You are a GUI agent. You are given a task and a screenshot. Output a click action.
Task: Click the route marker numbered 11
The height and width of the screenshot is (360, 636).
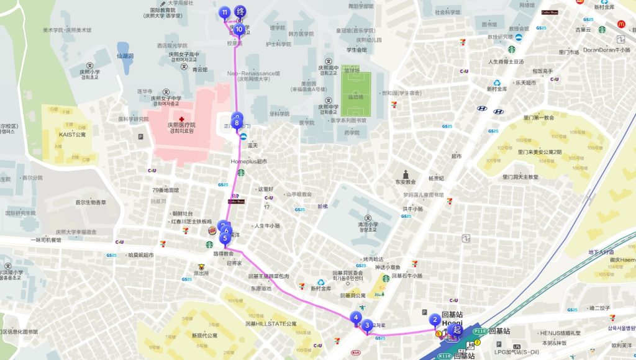pyautogui.click(x=224, y=13)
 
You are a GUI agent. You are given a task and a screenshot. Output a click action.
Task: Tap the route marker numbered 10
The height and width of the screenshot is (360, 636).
pyautogui.click(x=238, y=29)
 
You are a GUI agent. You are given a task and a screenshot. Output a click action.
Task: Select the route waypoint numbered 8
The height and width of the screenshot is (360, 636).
pyautogui.click(x=237, y=124)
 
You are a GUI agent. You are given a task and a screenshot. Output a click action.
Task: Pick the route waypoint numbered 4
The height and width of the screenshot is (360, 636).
pyautogui.click(x=356, y=318)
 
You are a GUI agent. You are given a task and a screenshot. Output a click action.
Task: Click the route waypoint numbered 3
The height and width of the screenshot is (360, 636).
pyautogui.click(x=367, y=325)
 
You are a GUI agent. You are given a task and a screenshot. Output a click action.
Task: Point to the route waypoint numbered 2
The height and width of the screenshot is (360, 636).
pyautogui.click(x=435, y=320)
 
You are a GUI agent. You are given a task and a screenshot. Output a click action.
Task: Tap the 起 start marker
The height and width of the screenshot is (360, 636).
pyautogui.click(x=457, y=330)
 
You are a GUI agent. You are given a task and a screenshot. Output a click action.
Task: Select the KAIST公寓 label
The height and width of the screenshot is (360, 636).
pyautogui.click(x=72, y=134)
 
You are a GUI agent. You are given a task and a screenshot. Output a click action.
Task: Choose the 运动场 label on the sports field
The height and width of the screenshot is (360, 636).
pyautogui.click(x=356, y=97)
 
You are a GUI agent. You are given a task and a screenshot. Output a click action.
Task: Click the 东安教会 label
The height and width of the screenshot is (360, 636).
pyautogui.click(x=404, y=182)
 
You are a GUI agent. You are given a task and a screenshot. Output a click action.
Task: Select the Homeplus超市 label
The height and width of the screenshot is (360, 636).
pyautogui.click(x=248, y=161)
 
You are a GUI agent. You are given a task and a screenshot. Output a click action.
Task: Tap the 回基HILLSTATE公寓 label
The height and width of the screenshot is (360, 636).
pyautogui.click(x=271, y=323)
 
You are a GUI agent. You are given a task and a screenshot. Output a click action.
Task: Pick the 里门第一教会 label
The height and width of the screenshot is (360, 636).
pyautogui.click(x=538, y=117)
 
